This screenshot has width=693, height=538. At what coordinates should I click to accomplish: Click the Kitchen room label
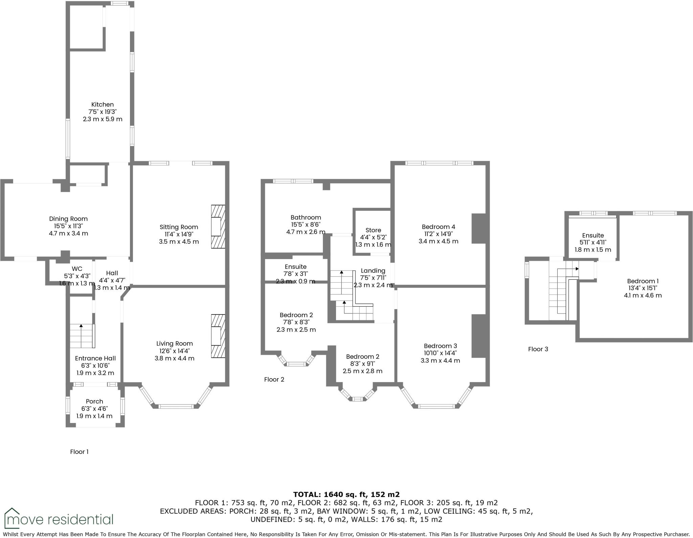(x=103, y=105)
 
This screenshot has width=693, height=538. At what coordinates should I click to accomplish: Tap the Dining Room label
(x=68, y=219)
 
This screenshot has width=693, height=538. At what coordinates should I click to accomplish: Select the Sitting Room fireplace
(x=218, y=227)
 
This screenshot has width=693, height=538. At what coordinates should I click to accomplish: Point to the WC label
(x=77, y=269)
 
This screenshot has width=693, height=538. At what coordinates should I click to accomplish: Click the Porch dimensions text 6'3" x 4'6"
(x=94, y=409)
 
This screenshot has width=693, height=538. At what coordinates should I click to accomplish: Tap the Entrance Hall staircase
(x=82, y=336)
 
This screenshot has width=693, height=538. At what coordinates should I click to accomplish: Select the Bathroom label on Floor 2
(x=306, y=218)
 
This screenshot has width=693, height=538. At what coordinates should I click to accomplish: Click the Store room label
(x=373, y=230)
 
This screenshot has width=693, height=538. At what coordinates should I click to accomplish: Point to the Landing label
(x=373, y=271)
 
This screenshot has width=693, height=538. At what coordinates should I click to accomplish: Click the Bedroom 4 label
(x=438, y=227)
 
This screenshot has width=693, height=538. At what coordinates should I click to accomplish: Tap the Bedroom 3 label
(x=440, y=346)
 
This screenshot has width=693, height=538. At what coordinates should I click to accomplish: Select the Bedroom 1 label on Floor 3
(x=643, y=281)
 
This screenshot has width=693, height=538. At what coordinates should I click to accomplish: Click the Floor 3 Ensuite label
(x=593, y=236)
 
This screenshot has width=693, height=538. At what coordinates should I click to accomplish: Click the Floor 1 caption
(x=79, y=452)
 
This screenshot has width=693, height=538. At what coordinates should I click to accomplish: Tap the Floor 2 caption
(x=274, y=379)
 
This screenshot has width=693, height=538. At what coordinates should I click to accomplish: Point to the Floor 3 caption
(x=538, y=349)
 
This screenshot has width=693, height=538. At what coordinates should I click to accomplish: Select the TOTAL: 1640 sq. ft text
(x=346, y=494)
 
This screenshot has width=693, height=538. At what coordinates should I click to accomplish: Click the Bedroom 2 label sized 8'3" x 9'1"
(x=362, y=357)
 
